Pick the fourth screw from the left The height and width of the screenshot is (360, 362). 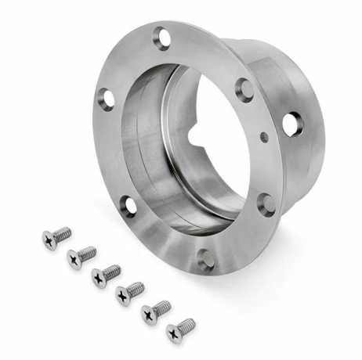click(x=129, y=293)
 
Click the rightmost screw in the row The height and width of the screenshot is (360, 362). click(x=180, y=329)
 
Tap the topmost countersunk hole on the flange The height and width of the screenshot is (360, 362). click(x=162, y=37)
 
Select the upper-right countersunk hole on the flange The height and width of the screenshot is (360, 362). click(x=244, y=89)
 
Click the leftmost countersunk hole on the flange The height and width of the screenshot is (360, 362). click(x=106, y=99)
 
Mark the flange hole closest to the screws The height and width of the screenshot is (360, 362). click(x=129, y=206)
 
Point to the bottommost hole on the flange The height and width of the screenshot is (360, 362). click(x=206, y=259)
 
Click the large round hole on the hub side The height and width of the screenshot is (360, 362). click(x=291, y=124)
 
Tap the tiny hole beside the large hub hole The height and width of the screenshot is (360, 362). click(x=264, y=138)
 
